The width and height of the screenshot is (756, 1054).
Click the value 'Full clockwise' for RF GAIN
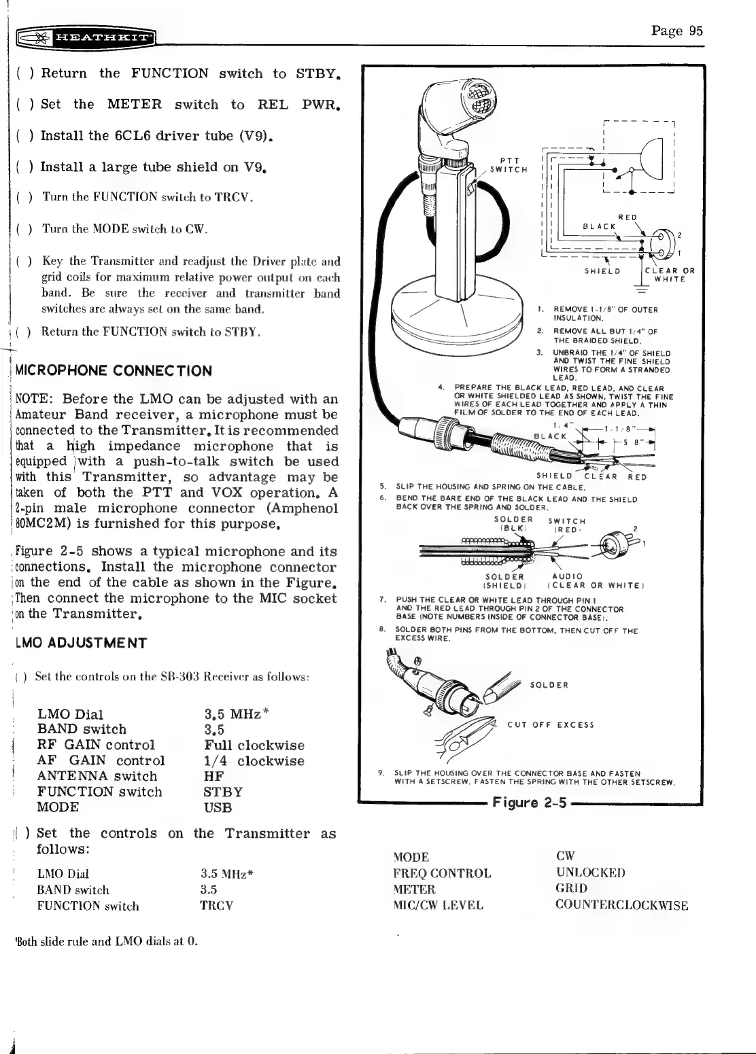coord(254,745)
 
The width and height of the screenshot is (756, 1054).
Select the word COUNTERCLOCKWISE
coord(622,905)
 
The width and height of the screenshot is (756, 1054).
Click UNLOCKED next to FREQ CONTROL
coord(590,873)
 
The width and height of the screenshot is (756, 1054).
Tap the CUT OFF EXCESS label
coord(551,724)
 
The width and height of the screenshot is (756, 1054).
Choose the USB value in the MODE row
coord(218,808)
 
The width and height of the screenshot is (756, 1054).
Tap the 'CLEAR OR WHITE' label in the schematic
coord(669,275)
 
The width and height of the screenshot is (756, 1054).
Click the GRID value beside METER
coord(572,889)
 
